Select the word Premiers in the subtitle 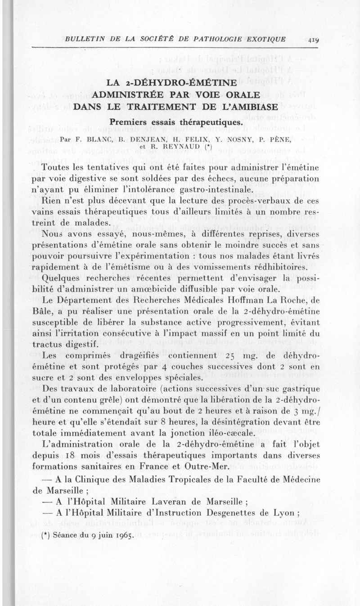[130, 121]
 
